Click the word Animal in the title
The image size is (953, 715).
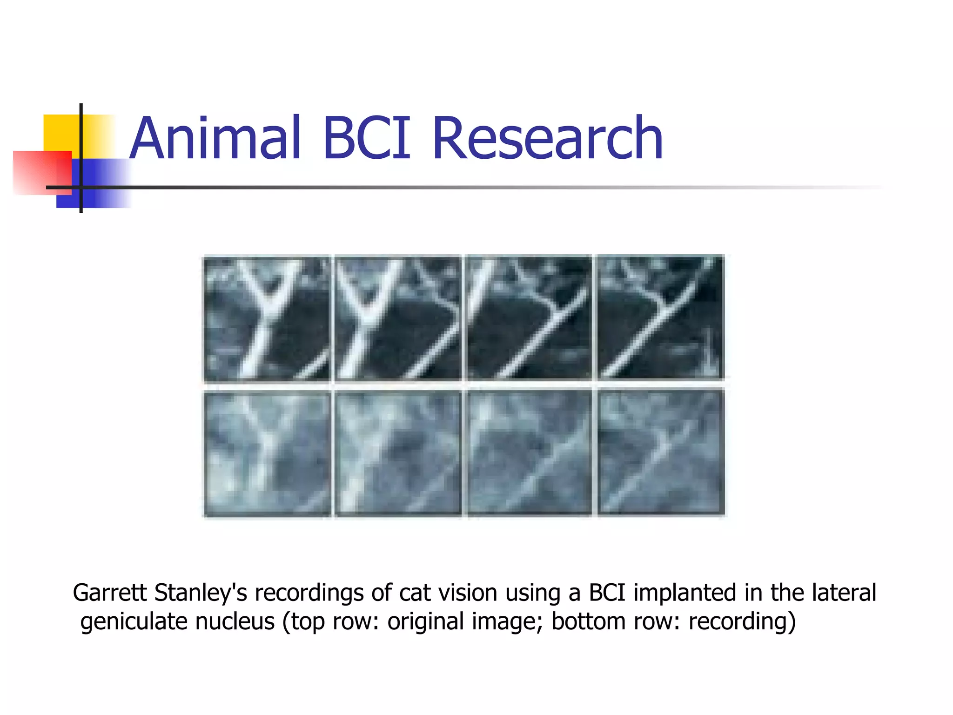(x=215, y=138)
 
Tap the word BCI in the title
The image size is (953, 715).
(x=367, y=138)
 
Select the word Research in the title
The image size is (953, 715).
(x=547, y=138)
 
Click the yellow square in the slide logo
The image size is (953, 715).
(x=60, y=132)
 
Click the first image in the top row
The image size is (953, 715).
(x=267, y=318)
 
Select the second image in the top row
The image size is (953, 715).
(x=398, y=318)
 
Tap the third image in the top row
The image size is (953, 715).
(x=529, y=318)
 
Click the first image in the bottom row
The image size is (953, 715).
(x=267, y=453)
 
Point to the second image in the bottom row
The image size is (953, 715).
(x=398, y=453)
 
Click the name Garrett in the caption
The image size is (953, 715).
(x=110, y=593)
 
